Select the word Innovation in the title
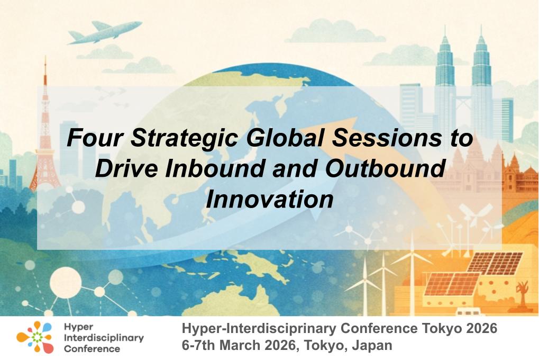click(x=270, y=200)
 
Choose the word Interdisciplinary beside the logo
click(x=104, y=338)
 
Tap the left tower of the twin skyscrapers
click(x=445, y=79)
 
